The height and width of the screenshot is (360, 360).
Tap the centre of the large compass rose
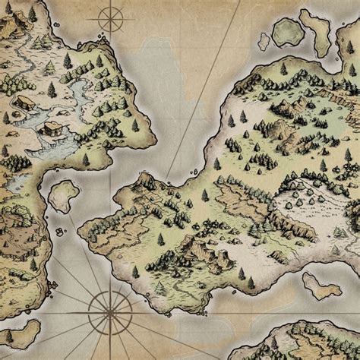pyautogui.click(x=106, y=308)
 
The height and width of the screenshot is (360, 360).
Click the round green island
pyautogui.click(x=287, y=31)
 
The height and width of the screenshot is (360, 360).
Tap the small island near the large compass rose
pyautogui.click(x=19, y=332)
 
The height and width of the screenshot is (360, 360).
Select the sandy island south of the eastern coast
pyautogui.click(x=321, y=285)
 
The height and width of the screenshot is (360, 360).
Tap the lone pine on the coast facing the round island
pyautogui.click(x=283, y=68)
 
